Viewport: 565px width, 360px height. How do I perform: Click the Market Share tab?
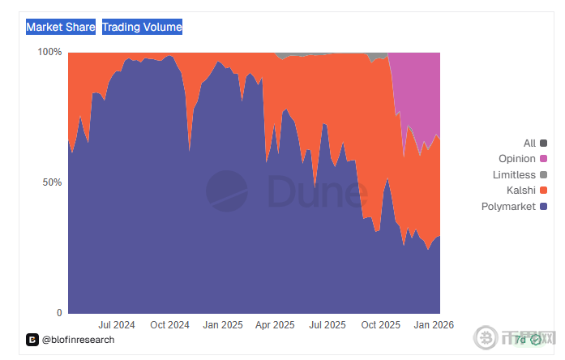[60, 28]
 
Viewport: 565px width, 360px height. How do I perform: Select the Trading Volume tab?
[142, 28]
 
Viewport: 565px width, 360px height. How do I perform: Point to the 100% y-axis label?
[50, 52]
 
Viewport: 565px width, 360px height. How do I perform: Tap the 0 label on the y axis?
[58, 313]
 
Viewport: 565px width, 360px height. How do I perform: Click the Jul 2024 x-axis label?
[117, 325]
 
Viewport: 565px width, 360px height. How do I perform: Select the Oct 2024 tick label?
[169, 325]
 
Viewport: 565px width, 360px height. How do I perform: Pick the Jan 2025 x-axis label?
[222, 325]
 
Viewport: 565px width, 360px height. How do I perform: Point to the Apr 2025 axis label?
[275, 325]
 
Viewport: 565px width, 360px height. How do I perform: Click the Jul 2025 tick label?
[327, 325]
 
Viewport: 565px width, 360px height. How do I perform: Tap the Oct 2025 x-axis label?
[380, 325]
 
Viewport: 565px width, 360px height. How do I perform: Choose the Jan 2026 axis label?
[433, 325]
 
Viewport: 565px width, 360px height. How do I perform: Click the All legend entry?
[529, 144]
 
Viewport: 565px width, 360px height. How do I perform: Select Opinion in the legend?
[517, 159]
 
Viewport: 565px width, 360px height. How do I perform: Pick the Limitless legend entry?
[514, 175]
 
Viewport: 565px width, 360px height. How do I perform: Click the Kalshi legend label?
[520, 191]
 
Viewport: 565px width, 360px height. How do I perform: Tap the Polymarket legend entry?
[508, 207]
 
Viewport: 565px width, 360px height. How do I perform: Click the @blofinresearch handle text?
[78, 340]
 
